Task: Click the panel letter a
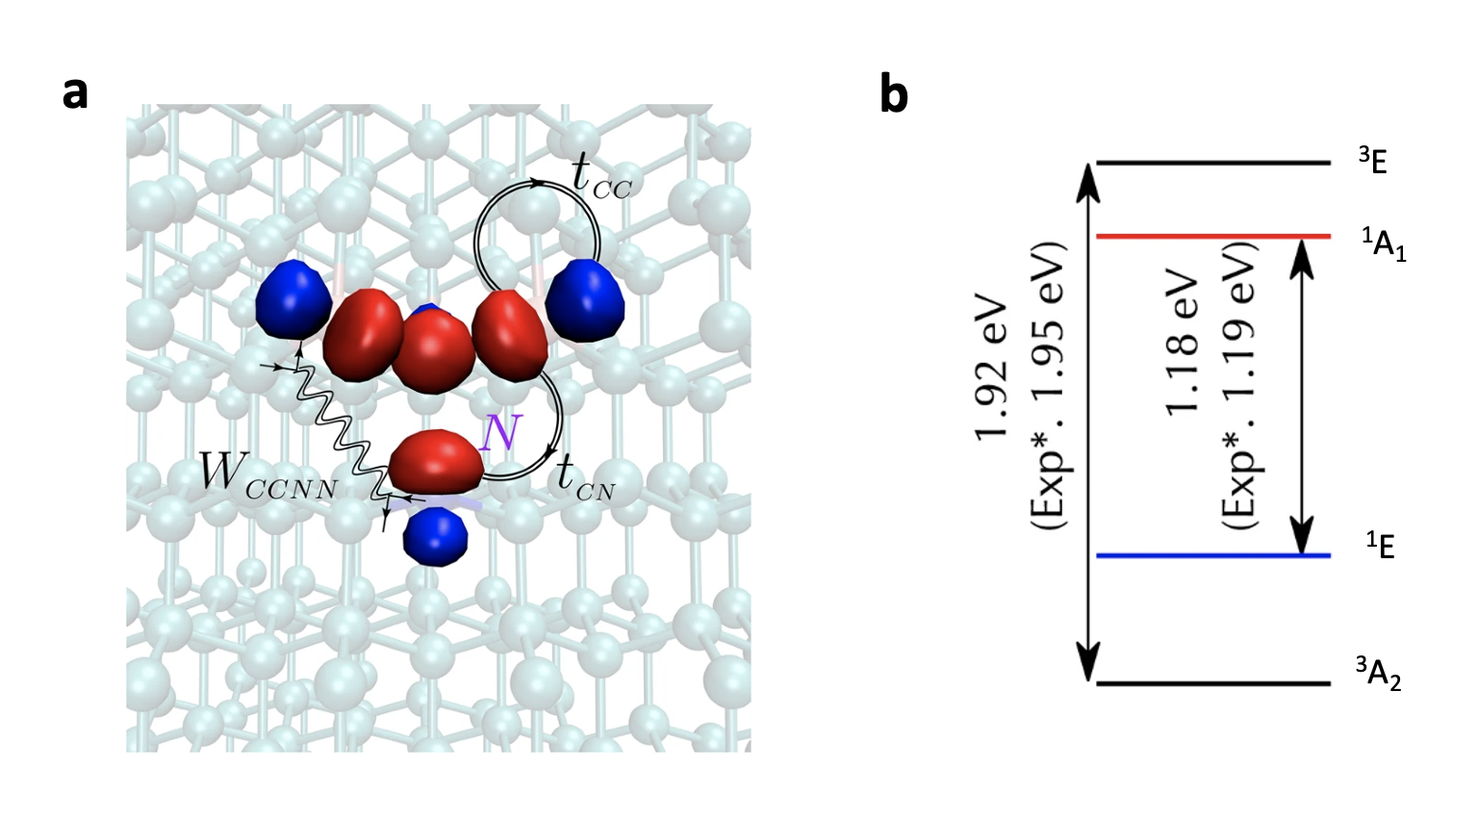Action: tap(75, 95)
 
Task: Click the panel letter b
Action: tap(894, 95)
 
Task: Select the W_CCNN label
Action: tap(268, 475)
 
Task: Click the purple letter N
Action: tap(499, 434)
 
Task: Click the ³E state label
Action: tap(1373, 161)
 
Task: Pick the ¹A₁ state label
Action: tap(1384, 245)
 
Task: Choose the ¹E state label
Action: tap(1381, 546)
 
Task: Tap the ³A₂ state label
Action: tap(1379, 673)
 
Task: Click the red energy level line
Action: tap(1213, 236)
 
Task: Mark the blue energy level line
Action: tap(1213, 555)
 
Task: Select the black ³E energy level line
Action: tap(1213, 163)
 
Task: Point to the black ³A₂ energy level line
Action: tap(1213, 684)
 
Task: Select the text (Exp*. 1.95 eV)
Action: tap(1048, 385)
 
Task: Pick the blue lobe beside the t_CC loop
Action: tap(585, 298)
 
